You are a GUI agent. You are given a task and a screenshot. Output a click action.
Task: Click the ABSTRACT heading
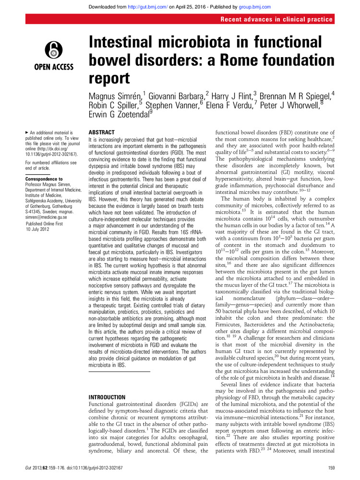[x=102, y=132]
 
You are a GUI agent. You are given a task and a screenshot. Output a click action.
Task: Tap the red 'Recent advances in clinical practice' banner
[x=277, y=19]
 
